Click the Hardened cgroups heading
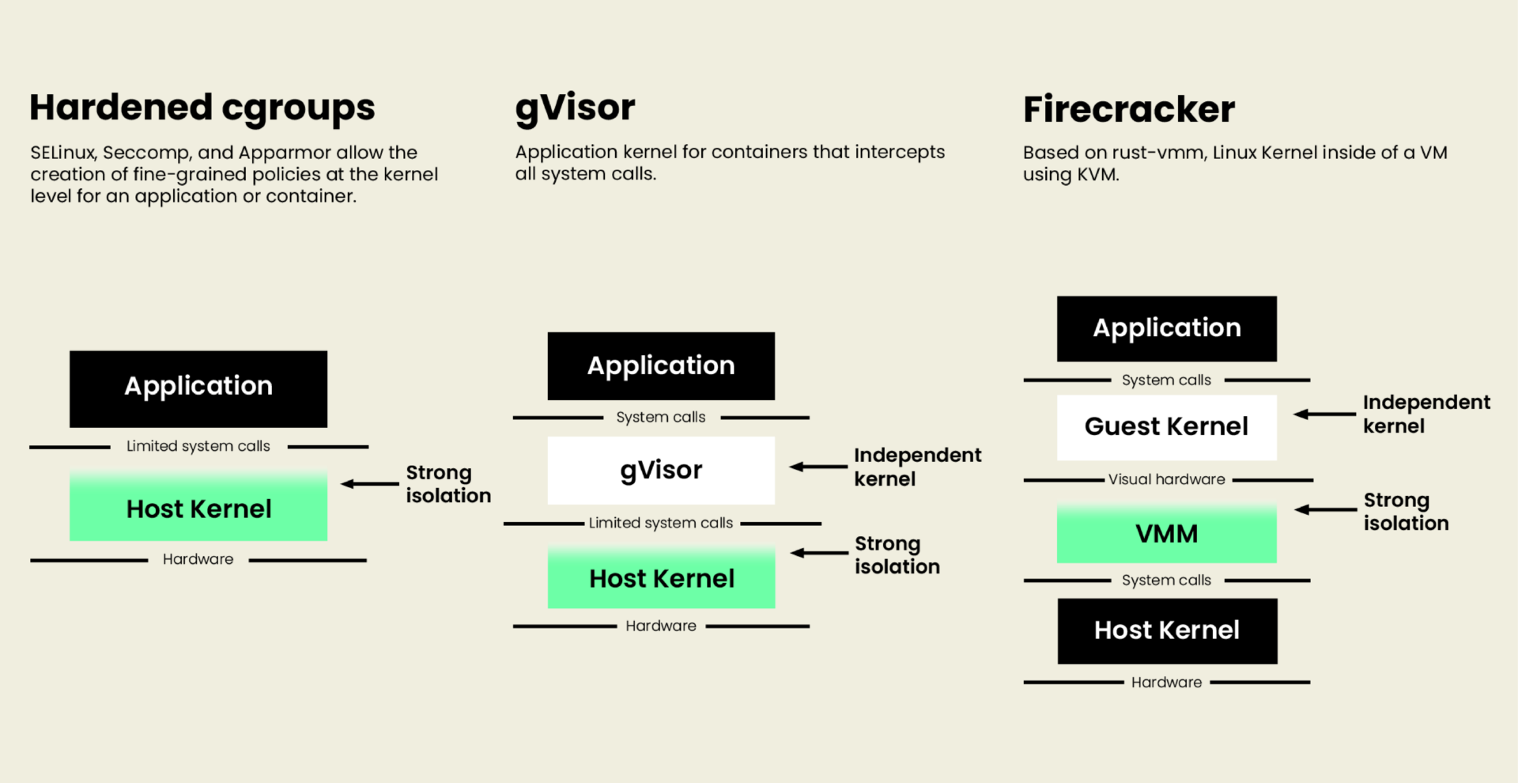tap(202, 108)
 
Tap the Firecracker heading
tap(1129, 109)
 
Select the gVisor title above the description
tap(575, 108)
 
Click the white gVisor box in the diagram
tap(661, 471)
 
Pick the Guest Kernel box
tap(1167, 427)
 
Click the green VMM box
tap(1167, 533)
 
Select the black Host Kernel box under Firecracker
tap(1168, 631)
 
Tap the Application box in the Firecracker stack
tap(1167, 329)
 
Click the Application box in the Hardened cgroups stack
tap(198, 389)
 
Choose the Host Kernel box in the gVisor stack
tap(661, 577)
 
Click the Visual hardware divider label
tap(1167, 479)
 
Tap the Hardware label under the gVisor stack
tap(661, 626)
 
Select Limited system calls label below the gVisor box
tap(661, 523)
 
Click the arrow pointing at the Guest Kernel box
tap(1325, 414)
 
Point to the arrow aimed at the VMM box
tap(1325, 509)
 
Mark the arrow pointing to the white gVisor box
tap(819, 467)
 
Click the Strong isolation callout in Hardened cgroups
tap(448, 484)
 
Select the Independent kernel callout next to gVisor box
tap(917, 467)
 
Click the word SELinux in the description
tap(63, 153)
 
